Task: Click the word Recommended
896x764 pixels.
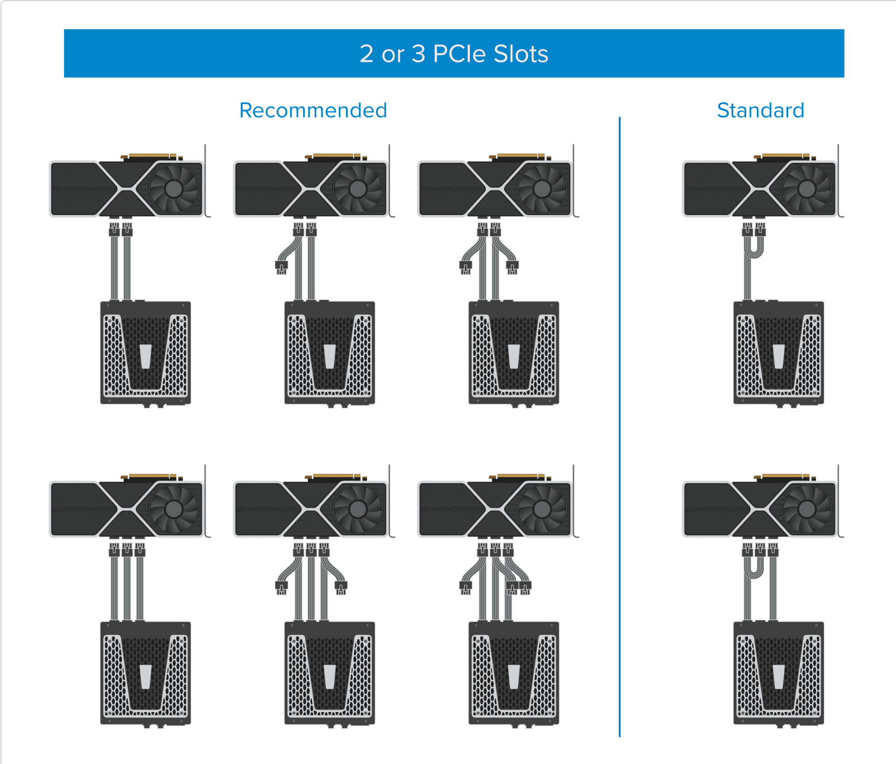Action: point(313,110)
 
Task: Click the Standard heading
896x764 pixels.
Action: point(761,110)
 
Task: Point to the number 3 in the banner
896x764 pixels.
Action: point(418,54)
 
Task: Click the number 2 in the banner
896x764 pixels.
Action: point(367,54)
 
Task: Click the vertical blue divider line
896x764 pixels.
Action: point(619,426)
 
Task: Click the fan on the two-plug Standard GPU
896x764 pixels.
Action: point(807,188)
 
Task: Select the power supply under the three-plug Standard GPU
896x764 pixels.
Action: point(779,674)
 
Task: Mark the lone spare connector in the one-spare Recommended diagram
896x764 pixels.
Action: point(281,267)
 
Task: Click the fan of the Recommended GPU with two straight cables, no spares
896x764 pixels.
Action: point(174,188)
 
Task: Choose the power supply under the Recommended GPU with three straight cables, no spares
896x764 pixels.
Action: point(146,674)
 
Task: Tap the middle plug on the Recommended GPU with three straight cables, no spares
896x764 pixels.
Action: point(127,550)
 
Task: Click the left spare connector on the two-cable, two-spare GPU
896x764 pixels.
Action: point(465,267)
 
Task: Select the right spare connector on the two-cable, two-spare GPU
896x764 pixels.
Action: point(512,267)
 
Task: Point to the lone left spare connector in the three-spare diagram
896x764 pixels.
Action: point(465,588)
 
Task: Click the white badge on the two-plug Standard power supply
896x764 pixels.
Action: point(779,357)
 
